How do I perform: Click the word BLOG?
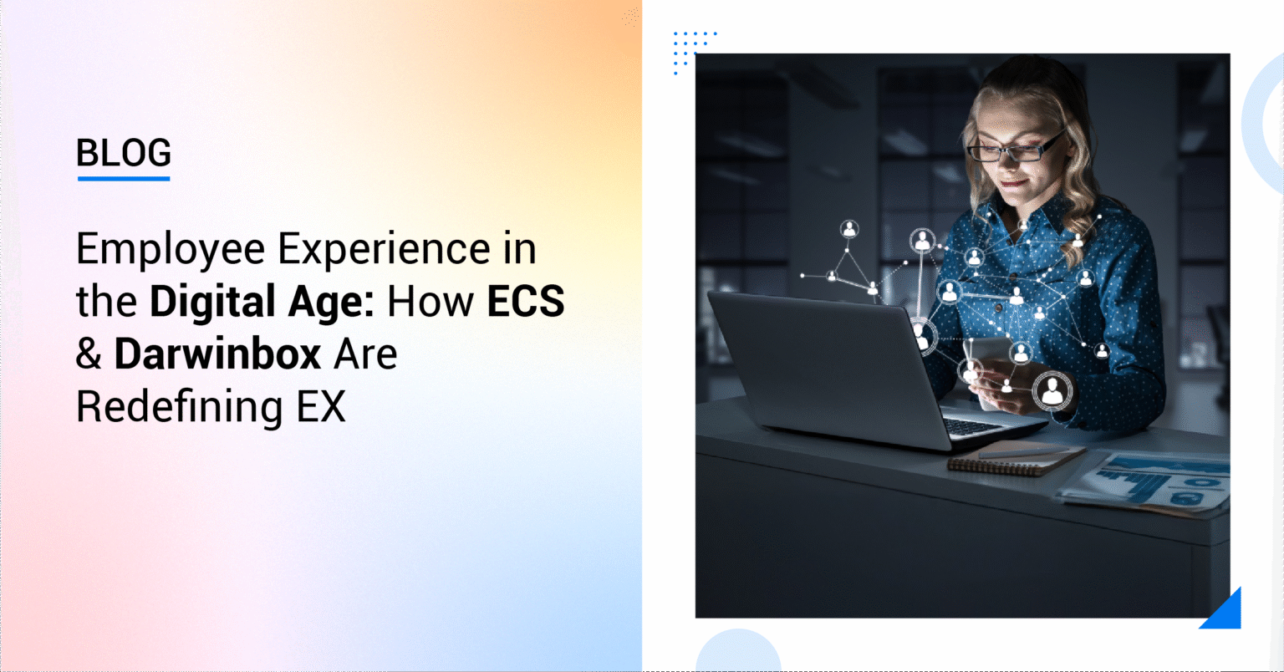pos(124,152)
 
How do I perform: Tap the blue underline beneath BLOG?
pos(124,179)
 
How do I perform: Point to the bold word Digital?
pos(212,303)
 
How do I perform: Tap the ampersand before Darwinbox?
pos(89,354)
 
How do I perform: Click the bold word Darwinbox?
pos(217,354)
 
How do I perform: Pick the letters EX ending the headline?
pos(321,406)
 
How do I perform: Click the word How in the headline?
pos(431,301)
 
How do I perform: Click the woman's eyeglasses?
pos(1015,149)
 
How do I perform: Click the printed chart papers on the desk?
pos(1144,481)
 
